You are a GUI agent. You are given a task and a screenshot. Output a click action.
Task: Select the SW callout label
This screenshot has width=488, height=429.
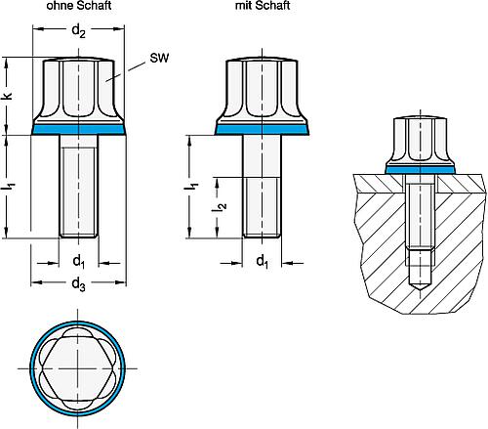pos(157,59)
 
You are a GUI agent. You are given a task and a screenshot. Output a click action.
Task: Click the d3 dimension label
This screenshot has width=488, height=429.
pos(81,286)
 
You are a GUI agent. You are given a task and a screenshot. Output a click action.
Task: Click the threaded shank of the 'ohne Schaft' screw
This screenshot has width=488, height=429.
pos(80,186)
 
